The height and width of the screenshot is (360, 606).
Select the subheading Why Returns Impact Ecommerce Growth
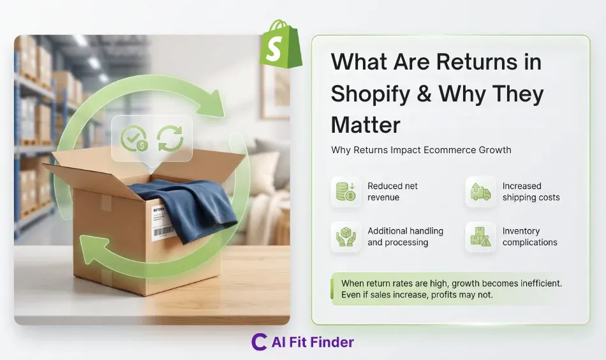(421, 150)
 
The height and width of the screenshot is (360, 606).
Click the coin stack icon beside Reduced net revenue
(346, 191)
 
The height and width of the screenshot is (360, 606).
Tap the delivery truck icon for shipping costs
(480, 191)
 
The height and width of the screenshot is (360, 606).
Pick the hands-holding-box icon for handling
(346, 236)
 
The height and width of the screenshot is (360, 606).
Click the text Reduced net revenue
(392, 191)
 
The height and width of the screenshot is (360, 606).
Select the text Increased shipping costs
(531, 191)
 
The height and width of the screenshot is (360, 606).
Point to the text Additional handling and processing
(405, 236)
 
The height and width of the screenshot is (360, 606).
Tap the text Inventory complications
(529, 236)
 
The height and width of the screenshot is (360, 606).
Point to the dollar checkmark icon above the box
(135, 137)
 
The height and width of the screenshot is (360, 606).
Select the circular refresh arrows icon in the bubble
(170, 137)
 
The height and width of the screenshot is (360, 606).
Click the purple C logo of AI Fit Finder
(259, 342)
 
